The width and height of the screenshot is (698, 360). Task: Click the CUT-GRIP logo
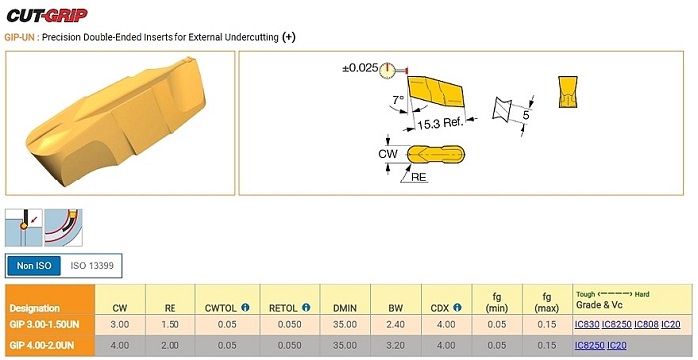(x=47, y=15)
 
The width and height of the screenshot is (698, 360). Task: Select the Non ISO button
(x=34, y=266)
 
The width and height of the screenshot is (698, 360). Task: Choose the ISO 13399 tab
(x=92, y=266)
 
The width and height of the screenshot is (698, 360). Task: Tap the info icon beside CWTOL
(x=245, y=307)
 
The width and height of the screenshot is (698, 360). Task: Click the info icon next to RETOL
(x=306, y=307)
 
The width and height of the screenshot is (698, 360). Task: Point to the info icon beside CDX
(x=457, y=307)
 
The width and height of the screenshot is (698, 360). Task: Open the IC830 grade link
(x=587, y=324)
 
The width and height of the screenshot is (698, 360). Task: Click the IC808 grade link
(x=646, y=324)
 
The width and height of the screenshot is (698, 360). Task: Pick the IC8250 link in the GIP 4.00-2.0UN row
(x=590, y=345)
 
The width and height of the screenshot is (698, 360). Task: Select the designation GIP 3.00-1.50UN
(x=44, y=325)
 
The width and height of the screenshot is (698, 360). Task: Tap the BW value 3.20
(x=395, y=345)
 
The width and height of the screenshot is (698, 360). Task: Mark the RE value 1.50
(x=171, y=325)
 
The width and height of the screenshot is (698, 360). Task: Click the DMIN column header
(x=345, y=308)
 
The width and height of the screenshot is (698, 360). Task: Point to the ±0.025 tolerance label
(x=360, y=69)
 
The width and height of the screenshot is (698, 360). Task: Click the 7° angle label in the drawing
(x=398, y=99)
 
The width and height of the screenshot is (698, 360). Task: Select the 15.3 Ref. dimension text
(x=441, y=123)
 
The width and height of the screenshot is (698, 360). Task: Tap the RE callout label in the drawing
(x=419, y=178)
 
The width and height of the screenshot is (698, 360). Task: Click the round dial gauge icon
(x=387, y=70)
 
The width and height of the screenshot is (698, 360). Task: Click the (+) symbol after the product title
(x=288, y=37)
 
